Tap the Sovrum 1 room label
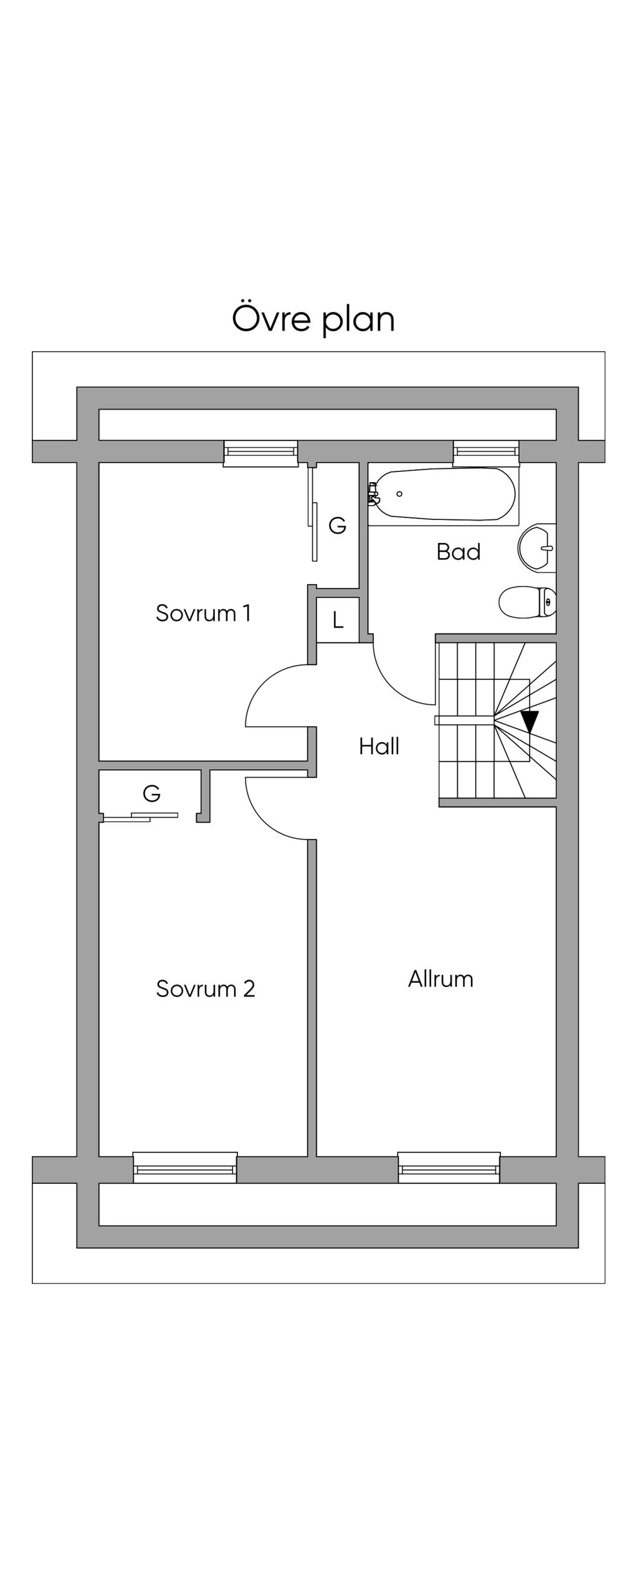[x=203, y=613]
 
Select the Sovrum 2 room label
[x=206, y=988]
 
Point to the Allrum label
[x=440, y=978]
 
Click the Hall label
[x=379, y=746]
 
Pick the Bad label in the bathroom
[x=459, y=552]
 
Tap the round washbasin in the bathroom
[x=536, y=547]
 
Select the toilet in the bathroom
[x=527, y=602]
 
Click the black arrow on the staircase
[x=530, y=721]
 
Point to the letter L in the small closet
[x=338, y=620]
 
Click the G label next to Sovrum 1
[x=337, y=526]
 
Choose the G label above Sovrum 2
[x=151, y=793]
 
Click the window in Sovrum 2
[x=185, y=1168]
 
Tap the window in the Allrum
[x=449, y=1168]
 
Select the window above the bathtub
[x=486, y=453]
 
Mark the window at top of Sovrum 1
[x=260, y=453]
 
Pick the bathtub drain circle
[x=399, y=494]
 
